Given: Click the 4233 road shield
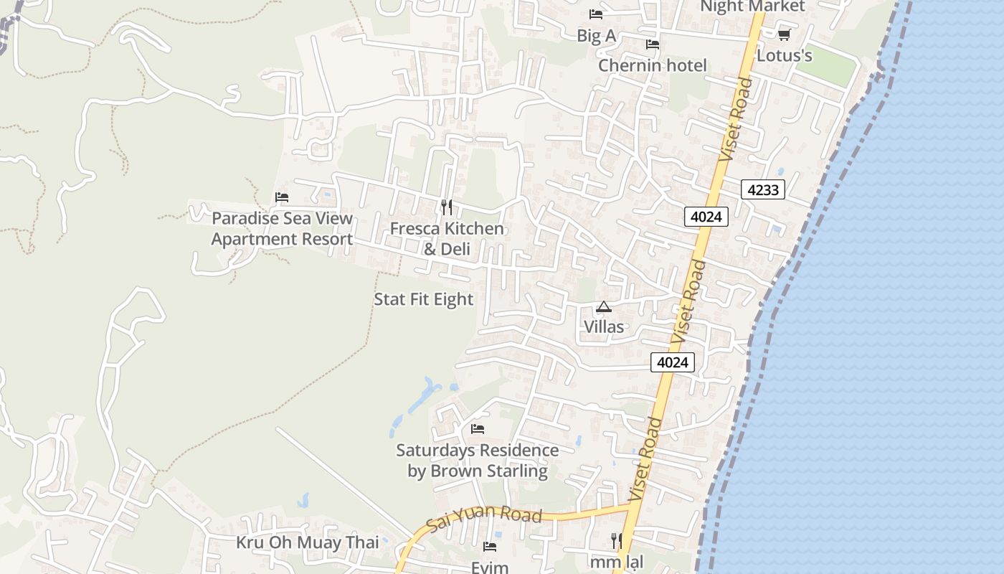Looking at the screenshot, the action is pyautogui.click(x=763, y=189).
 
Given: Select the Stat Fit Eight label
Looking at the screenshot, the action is pyautogui.click(x=424, y=299).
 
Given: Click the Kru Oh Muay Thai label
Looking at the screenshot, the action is pyautogui.click(x=308, y=542).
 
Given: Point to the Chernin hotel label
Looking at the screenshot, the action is pyautogui.click(x=653, y=65).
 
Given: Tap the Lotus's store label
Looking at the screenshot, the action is pyautogui.click(x=785, y=55).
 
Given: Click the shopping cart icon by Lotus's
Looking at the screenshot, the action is pyautogui.click(x=784, y=34).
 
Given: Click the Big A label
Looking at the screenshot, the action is pyautogui.click(x=597, y=35).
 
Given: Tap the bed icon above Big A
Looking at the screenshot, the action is pyautogui.click(x=596, y=14).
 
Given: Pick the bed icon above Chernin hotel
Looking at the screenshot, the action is pyautogui.click(x=653, y=44).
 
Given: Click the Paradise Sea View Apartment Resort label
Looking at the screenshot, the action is pyautogui.click(x=282, y=229).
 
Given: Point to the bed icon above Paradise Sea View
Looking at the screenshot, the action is pyautogui.click(x=282, y=197).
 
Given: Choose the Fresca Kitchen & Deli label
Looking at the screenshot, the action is pyautogui.click(x=447, y=239).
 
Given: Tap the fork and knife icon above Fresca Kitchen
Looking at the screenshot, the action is pyautogui.click(x=447, y=207).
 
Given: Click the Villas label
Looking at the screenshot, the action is pyautogui.click(x=604, y=326).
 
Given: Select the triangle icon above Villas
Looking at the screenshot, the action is pyautogui.click(x=604, y=307).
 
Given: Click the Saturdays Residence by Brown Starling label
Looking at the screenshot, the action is pyautogui.click(x=478, y=461).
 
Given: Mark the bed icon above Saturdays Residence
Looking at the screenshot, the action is pyautogui.click(x=478, y=429).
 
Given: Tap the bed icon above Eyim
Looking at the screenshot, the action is pyautogui.click(x=490, y=547).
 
